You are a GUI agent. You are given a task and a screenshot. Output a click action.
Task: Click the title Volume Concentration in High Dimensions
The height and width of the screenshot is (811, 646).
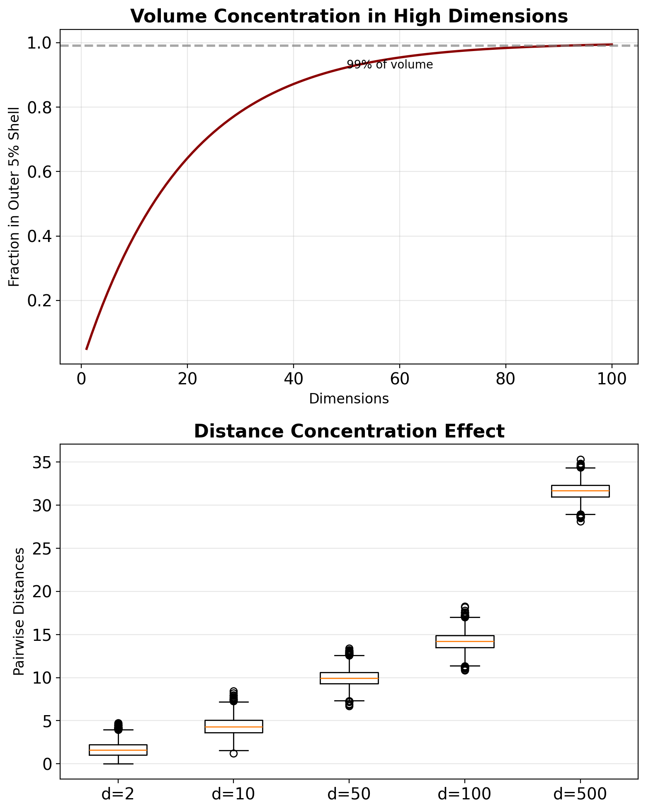[349, 17]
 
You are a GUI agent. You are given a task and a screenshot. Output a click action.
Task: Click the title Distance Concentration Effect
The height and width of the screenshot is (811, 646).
[349, 432]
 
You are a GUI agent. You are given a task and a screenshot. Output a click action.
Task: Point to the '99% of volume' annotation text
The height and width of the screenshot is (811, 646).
[390, 65]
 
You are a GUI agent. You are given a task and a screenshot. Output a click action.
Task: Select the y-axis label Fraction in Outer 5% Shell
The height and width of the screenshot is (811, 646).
[14, 197]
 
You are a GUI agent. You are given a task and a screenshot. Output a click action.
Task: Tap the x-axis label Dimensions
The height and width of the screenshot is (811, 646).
[349, 399]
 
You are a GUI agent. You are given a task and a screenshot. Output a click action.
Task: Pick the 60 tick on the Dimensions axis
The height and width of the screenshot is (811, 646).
[399, 379]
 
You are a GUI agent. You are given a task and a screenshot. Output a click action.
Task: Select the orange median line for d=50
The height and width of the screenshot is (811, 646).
[349, 678]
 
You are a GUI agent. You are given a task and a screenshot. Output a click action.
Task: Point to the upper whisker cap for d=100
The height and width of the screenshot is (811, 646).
[465, 617]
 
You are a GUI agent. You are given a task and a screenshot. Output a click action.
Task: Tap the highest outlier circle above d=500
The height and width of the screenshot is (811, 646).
[580, 459]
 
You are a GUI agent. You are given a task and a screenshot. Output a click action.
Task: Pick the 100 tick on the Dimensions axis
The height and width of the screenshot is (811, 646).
[612, 379]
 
